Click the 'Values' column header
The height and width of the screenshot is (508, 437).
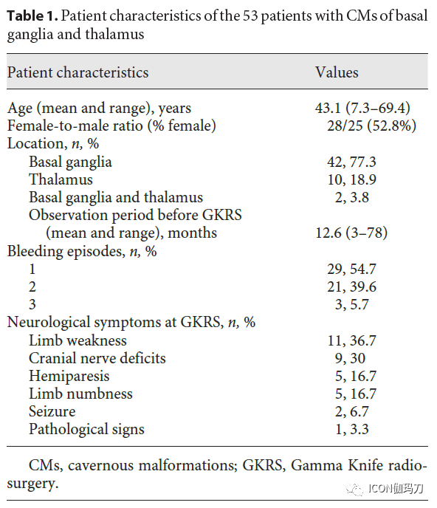[x=337, y=72]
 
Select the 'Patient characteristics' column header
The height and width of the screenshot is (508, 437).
[x=78, y=72]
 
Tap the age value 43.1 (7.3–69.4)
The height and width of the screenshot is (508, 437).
[x=362, y=108]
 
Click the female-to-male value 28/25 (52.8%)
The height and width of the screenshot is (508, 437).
[x=371, y=126]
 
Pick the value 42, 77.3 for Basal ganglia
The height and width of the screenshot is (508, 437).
[x=351, y=162]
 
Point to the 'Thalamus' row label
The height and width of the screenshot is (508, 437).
[x=61, y=179]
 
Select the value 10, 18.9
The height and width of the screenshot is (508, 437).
[x=352, y=179]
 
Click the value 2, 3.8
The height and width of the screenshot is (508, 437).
[x=352, y=197]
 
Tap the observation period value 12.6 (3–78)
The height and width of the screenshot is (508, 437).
[x=351, y=233]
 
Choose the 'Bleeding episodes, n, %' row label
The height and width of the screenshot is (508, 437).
[x=82, y=251]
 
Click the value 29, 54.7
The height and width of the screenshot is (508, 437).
[x=351, y=269]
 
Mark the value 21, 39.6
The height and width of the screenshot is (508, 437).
[x=351, y=286]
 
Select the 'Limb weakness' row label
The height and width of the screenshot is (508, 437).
[x=78, y=340]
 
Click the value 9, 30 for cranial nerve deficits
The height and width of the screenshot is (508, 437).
[x=350, y=358]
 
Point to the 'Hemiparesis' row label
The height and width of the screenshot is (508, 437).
[x=69, y=376]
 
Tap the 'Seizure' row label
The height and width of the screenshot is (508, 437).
[x=52, y=411]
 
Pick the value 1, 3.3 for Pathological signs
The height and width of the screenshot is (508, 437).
[x=352, y=429]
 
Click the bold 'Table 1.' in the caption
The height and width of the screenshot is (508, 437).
[x=32, y=16]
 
